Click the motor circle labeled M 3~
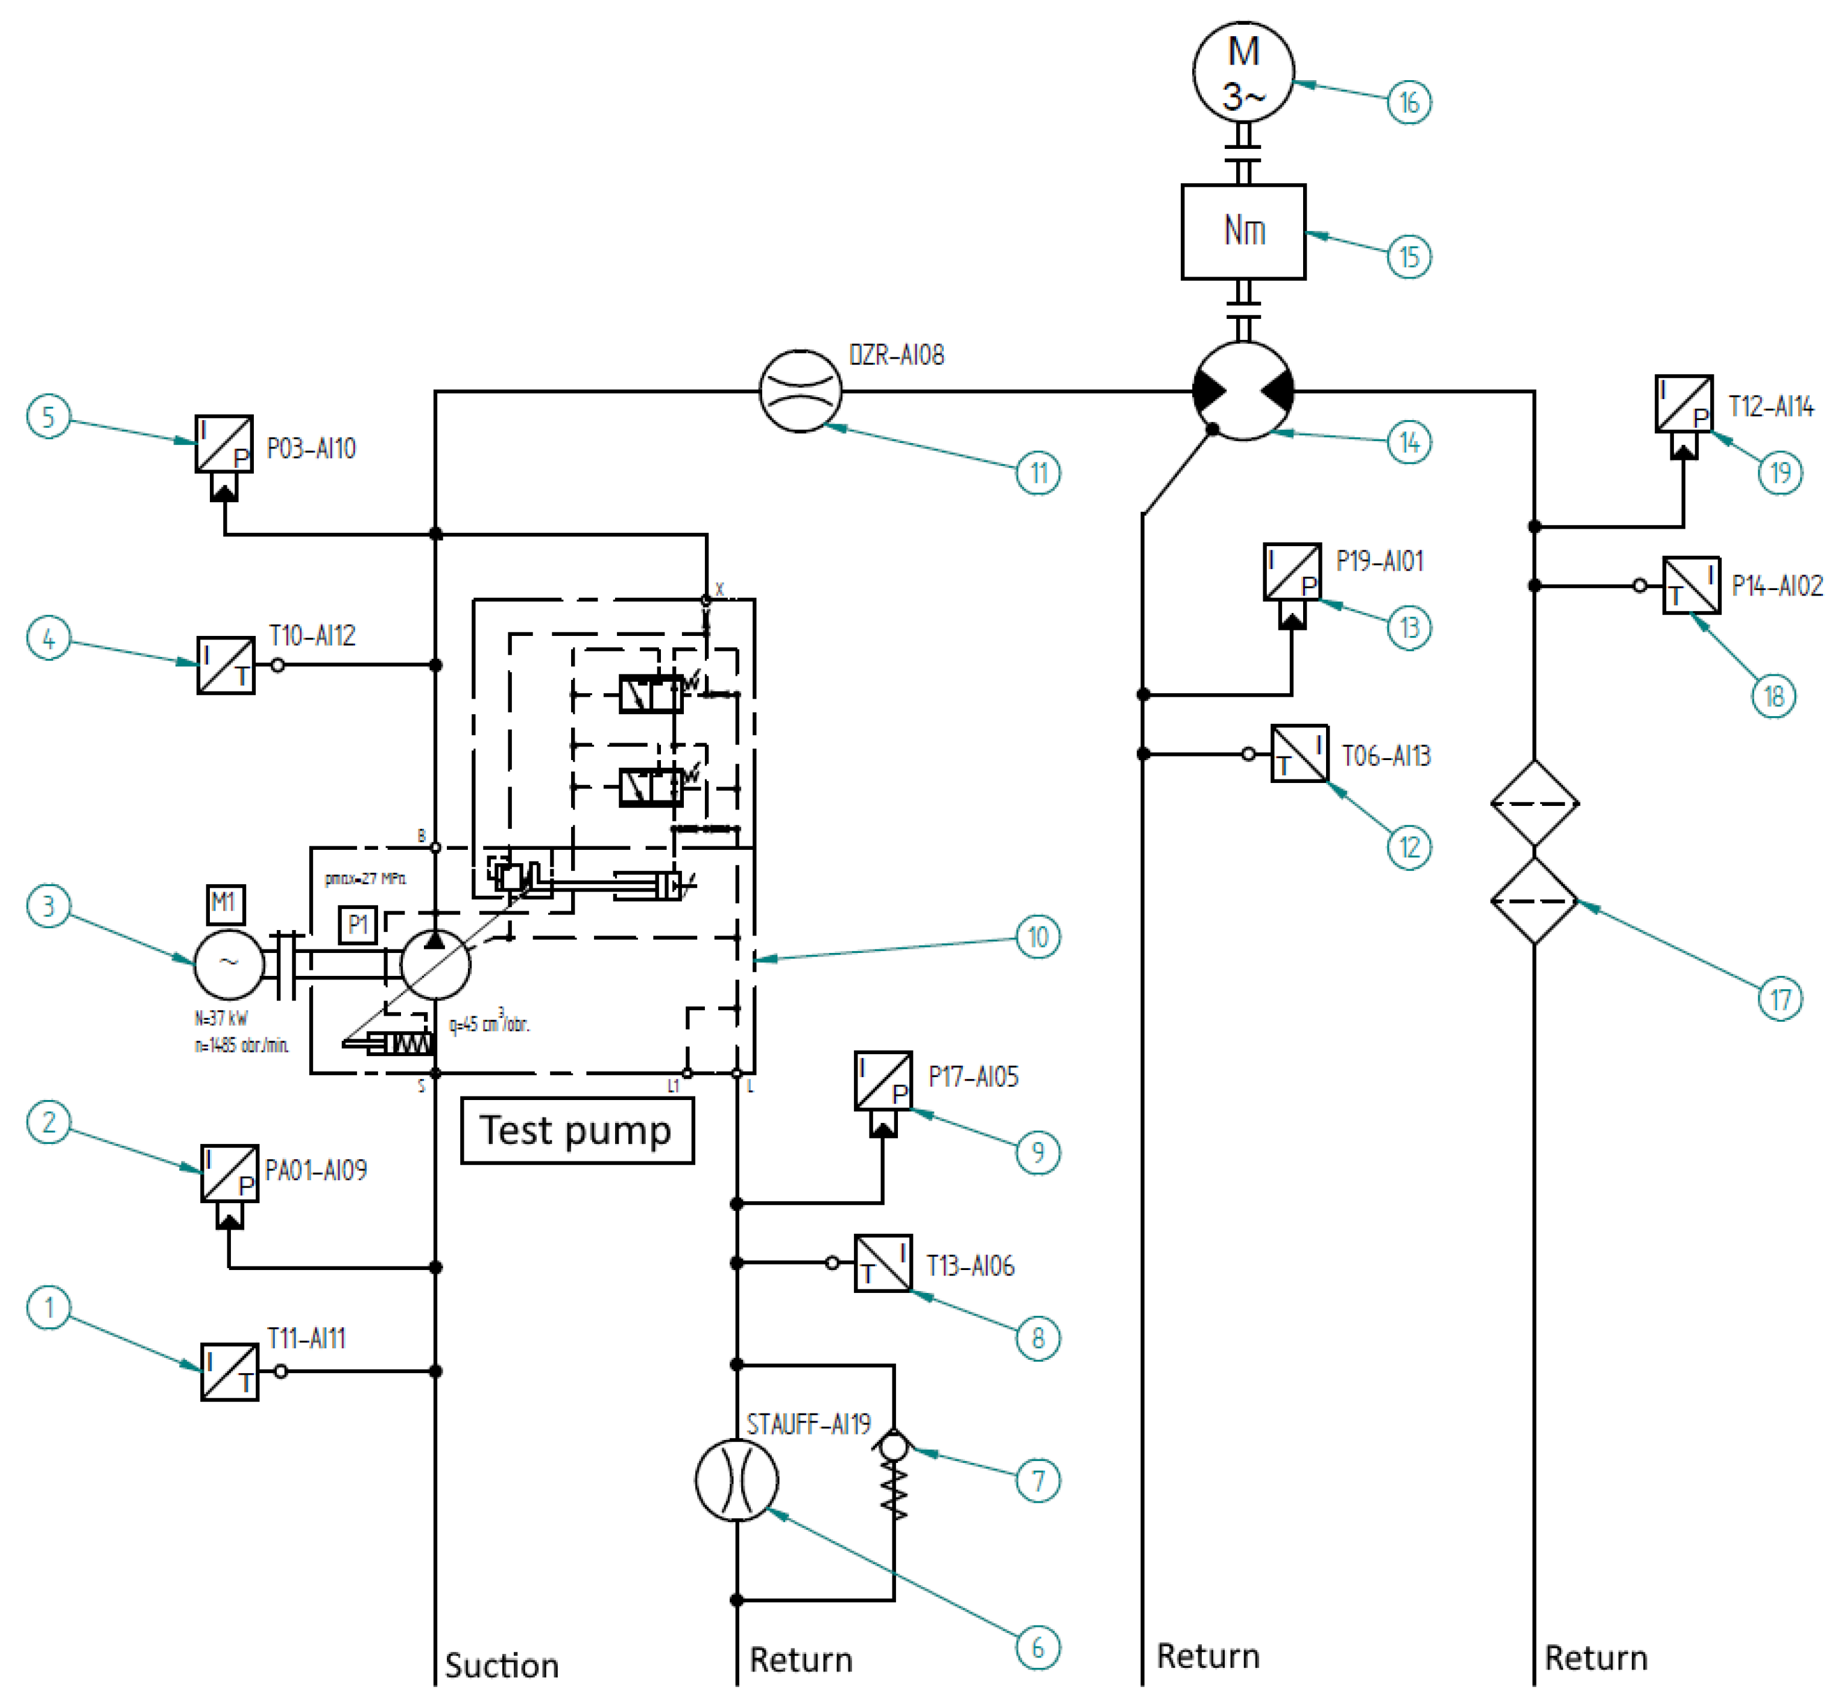[x=1243, y=72]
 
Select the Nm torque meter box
[x=1243, y=231]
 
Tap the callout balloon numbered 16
[x=1408, y=102]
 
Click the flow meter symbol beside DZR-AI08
[x=800, y=391]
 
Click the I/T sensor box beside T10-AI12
[x=226, y=664]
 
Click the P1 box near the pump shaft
[x=358, y=925]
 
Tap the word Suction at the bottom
[x=502, y=1665]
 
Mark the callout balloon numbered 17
[x=1779, y=999]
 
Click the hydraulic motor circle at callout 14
[x=1243, y=391]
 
